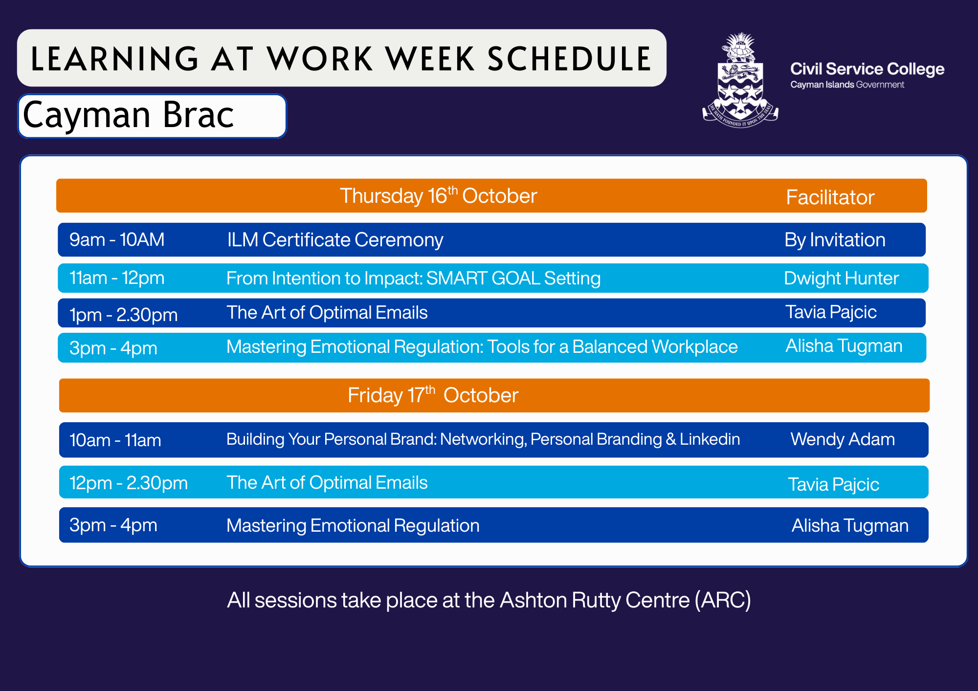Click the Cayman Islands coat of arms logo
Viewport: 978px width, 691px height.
tap(740, 80)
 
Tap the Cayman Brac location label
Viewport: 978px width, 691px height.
tap(129, 115)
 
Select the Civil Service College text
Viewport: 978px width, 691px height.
tap(867, 69)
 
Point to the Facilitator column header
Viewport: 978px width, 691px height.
tap(830, 197)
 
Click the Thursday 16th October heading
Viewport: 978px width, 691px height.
tap(438, 195)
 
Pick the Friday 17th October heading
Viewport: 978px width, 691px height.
tap(433, 395)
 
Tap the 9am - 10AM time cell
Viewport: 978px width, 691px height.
tap(117, 239)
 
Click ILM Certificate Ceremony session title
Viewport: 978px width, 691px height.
tap(335, 240)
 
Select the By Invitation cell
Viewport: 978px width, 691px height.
tap(835, 240)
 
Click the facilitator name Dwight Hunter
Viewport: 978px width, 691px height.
tap(841, 278)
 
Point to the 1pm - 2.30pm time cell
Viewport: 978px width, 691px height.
tap(123, 315)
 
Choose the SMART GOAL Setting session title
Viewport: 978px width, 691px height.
tap(413, 278)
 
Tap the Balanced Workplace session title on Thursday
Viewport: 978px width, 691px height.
tap(482, 346)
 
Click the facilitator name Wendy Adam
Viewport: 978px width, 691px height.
tap(843, 439)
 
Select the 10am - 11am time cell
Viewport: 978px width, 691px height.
tap(115, 440)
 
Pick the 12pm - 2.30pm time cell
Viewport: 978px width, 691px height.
tap(129, 483)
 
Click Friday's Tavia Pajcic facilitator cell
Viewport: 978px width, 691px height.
tap(833, 484)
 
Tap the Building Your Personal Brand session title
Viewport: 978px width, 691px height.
tap(483, 439)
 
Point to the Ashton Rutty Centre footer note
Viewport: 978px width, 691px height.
tap(489, 600)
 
